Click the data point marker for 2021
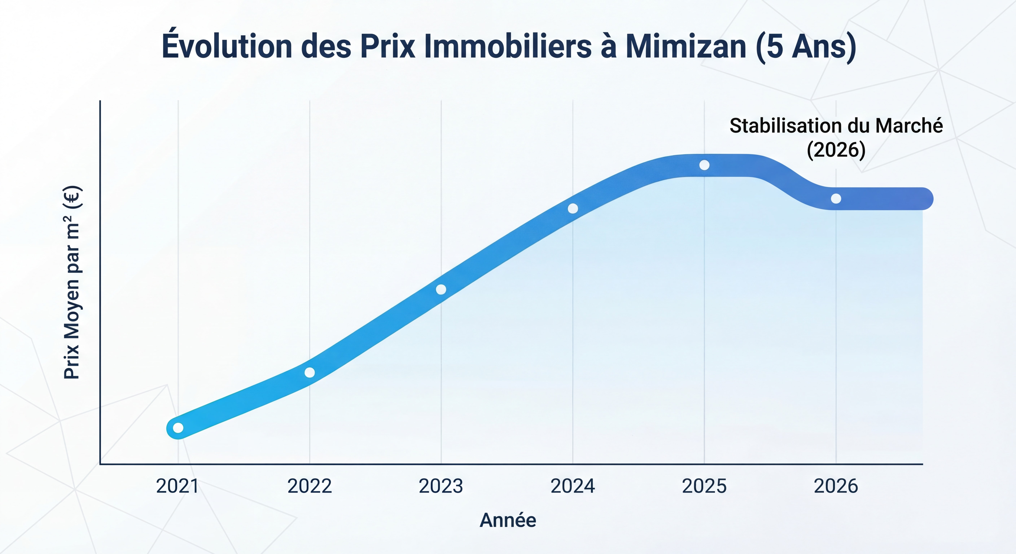[178, 428]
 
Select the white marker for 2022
[310, 372]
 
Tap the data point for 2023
[441, 289]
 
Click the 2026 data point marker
[836, 198]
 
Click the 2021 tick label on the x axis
[178, 486]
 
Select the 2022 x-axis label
[310, 486]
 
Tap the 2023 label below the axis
[441, 486]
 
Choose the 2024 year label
[573, 486]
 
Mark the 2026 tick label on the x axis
[836, 486]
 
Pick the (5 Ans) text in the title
[806, 47]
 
